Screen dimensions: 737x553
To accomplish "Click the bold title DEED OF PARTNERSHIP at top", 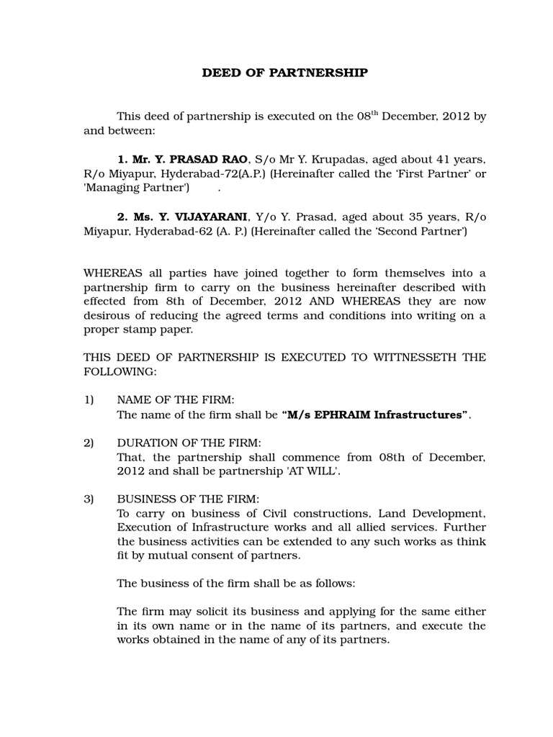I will (x=284, y=73).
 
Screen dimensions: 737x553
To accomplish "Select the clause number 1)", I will (x=89, y=399).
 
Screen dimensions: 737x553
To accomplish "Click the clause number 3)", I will (x=89, y=499).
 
